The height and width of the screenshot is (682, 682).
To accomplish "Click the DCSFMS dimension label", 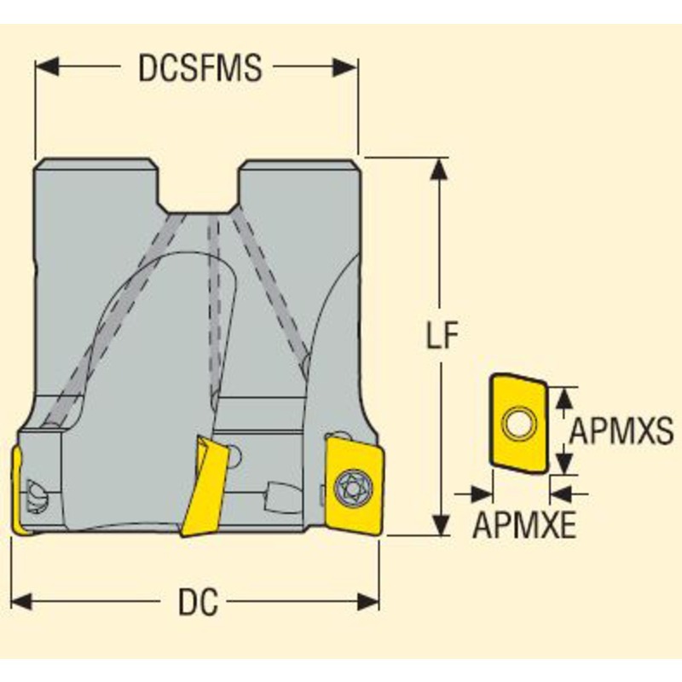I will pyautogui.click(x=200, y=68).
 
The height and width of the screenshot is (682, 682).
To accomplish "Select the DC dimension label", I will pyautogui.click(x=197, y=604).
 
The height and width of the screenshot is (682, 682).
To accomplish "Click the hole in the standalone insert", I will pyautogui.click(x=517, y=421).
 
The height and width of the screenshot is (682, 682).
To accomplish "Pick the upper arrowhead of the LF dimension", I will pyautogui.click(x=439, y=167).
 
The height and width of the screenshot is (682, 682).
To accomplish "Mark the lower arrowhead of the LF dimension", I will pyautogui.click(x=439, y=525).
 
